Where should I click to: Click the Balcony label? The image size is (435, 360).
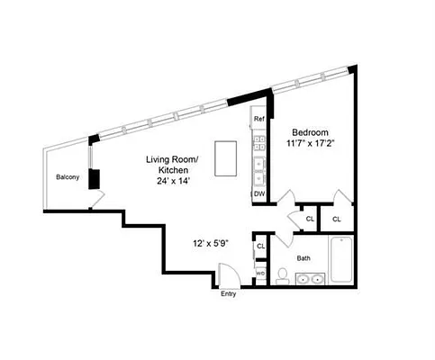(68, 177)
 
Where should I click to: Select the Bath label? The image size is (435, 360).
(304, 258)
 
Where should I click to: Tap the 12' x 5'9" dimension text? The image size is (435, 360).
(210, 243)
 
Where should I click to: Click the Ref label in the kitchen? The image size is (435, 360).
(258, 120)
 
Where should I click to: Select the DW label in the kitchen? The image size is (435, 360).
(258, 193)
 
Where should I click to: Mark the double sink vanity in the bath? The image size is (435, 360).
(311, 279)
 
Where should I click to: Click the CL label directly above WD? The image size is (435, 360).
(261, 247)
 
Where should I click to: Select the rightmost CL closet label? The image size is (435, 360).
(336, 219)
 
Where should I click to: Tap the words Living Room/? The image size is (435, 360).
(177, 159)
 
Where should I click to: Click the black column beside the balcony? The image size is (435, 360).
(94, 176)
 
